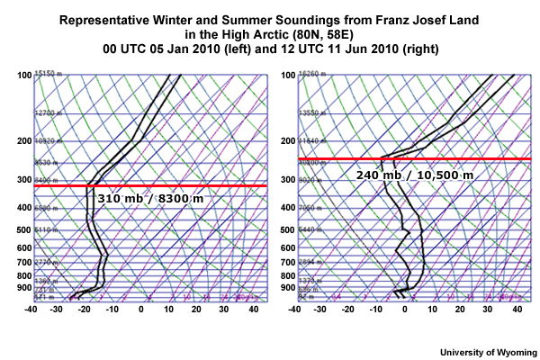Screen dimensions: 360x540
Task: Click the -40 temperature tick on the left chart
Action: click(x=32, y=310)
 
